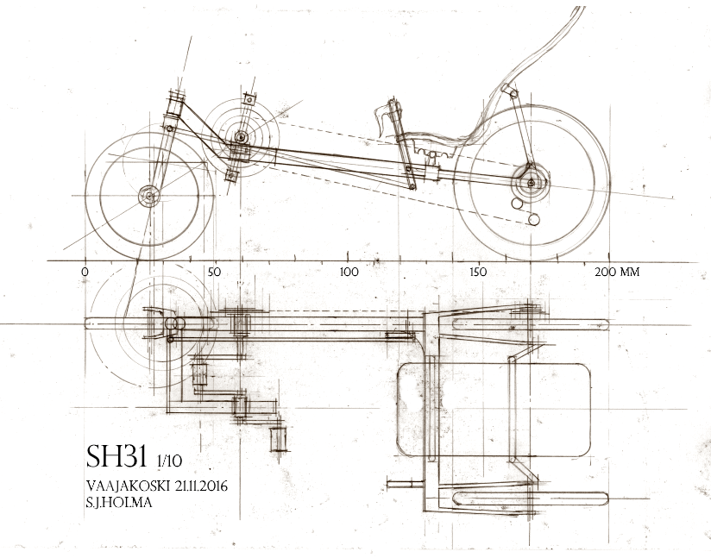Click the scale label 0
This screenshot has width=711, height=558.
click(x=85, y=273)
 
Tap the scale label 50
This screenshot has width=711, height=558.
click(x=214, y=273)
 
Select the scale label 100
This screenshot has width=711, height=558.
click(x=349, y=272)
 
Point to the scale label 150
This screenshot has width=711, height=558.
click(x=478, y=272)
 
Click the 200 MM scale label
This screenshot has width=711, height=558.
click(x=617, y=272)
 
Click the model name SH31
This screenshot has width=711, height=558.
click(x=117, y=455)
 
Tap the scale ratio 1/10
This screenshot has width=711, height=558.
click(x=169, y=461)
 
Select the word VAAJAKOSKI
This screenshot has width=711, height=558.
click(x=127, y=486)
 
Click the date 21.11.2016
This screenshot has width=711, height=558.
click(x=200, y=486)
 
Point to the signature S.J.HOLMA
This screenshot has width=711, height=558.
click(x=119, y=503)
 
